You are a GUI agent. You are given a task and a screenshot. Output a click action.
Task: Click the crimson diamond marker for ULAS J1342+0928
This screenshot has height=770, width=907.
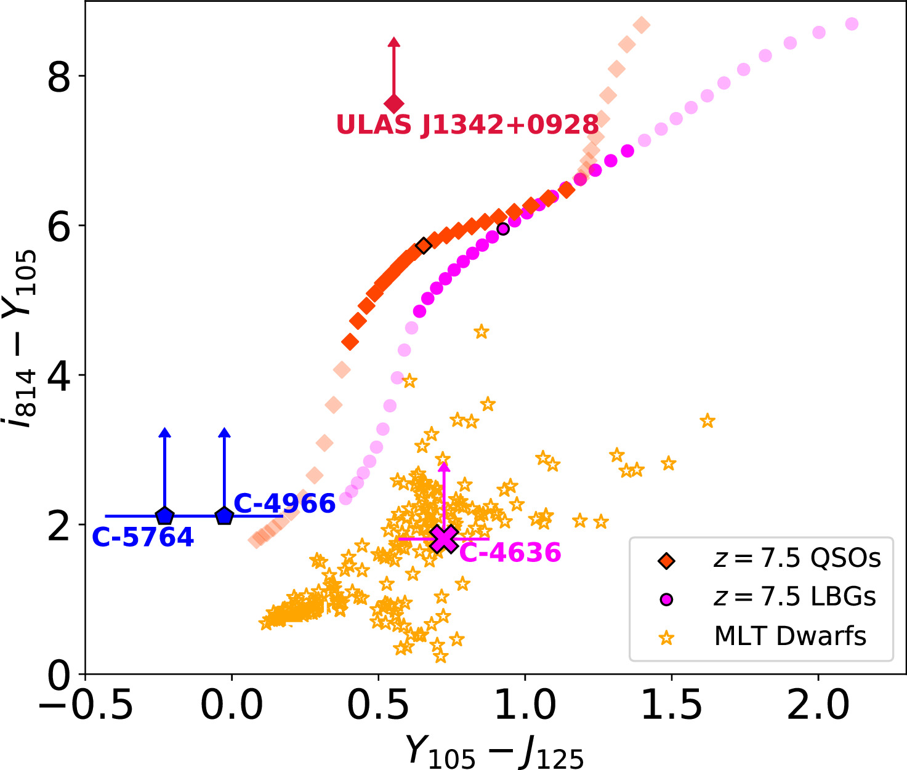pyautogui.click(x=394, y=103)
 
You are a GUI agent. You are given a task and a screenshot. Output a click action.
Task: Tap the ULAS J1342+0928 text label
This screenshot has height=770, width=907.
pyautogui.click(x=467, y=125)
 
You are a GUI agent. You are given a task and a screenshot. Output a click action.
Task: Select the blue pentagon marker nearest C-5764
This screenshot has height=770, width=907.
pyautogui.click(x=164, y=516)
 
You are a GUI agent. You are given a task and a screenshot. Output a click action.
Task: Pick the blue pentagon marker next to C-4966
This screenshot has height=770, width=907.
pyautogui.click(x=224, y=516)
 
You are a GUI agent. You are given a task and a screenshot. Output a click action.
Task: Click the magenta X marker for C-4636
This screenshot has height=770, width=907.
pyautogui.click(x=444, y=539)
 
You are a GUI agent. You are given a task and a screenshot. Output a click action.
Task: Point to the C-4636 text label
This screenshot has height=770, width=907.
pyautogui.click(x=510, y=553)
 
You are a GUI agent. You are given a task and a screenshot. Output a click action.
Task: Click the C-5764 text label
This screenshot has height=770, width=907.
pyautogui.click(x=143, y=537)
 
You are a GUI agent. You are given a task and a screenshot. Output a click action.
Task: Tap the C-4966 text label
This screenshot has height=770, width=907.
pyautogui.click(x=284, y=503)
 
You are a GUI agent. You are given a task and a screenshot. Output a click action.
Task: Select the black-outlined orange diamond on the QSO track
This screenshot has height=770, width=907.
pyautogui.click(x=424, y=246)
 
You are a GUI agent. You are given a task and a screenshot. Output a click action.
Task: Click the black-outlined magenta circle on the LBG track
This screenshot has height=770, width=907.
pyautogui.click(x=503, y=229)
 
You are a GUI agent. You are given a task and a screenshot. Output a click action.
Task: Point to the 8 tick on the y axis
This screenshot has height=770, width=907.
pyautogui.click(x=59, y=76)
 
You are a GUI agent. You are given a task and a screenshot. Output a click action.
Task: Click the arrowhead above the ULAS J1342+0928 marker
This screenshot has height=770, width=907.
pyautogui.click(x=394, y=42)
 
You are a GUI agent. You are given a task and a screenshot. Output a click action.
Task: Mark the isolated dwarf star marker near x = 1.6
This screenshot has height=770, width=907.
pyautogui.click(x=707, y=421)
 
